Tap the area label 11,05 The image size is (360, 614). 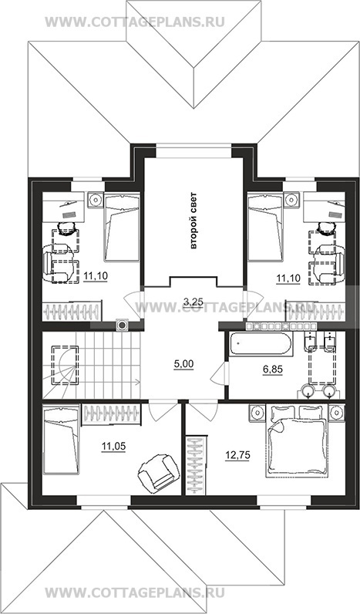click(x=114, y=446)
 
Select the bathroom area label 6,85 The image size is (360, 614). click(x=273, y=369)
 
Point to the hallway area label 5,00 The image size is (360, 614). click(x=183, y=364)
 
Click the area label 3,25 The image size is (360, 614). click(x=193, y=301)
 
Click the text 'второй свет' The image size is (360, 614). click(x=193, y=221)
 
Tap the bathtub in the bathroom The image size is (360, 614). click(x=261, y=345)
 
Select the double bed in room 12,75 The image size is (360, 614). click(x=296, y=441)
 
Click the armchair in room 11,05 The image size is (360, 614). click(x=155, y=472)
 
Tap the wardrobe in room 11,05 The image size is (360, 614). click(x=111, y=414)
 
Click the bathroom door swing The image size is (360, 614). click(x=219, y=373)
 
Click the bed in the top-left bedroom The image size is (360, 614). click(x=122, y=227)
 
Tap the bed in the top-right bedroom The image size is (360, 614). click(x=265, y=227)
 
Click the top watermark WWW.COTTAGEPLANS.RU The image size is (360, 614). click(x=135, y=22)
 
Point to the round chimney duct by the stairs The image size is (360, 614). click(x=123, y=325)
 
